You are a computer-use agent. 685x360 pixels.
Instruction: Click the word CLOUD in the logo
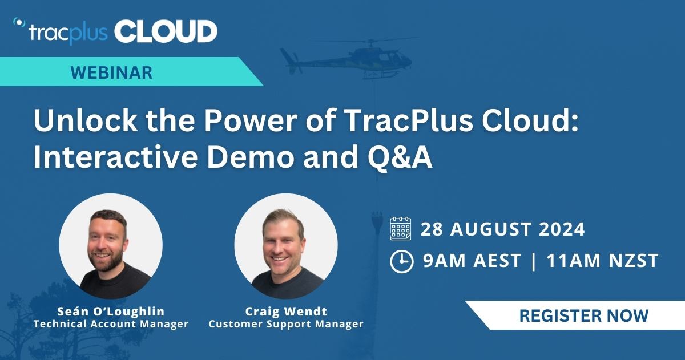pos(166,31)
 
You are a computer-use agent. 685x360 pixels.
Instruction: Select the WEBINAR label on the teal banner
pos(111,72)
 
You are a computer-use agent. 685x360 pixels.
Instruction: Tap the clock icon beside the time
pos(401,261)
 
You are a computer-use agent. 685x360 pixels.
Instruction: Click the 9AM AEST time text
pos(472,261)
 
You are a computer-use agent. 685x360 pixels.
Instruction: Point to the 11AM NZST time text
pos(602,261)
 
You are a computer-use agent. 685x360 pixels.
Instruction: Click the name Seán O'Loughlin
pos(111,312)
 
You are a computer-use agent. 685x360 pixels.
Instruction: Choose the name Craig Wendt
pos(285,312)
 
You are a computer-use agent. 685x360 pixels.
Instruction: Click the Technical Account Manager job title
pos(111,324)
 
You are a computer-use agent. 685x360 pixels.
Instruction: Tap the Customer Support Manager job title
pos(285,324)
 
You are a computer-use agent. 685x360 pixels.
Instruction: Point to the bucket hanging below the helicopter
pos(377,220)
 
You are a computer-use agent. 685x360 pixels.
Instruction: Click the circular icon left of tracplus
pos(19,23)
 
